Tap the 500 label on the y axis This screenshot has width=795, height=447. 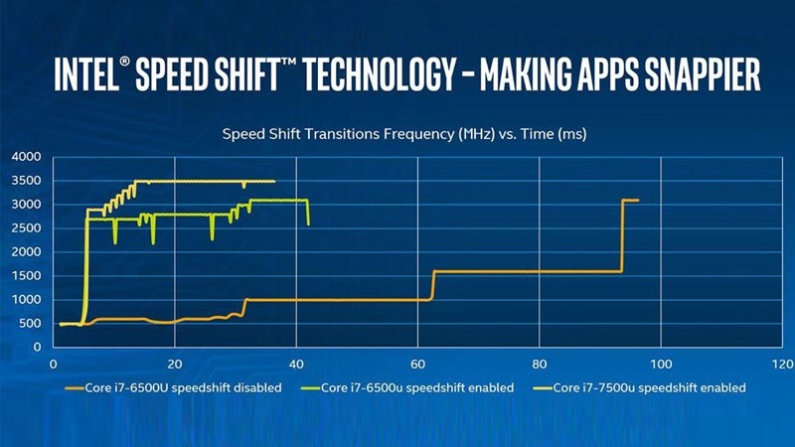pyautogui.click(x=29, y=324)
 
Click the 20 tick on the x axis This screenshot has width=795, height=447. pyautogui.click(x=175, y=363)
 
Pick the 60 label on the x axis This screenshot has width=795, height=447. pyautogui.click(x=417, y=363)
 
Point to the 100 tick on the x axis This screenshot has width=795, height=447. pyautogui.click(x=661, y=363)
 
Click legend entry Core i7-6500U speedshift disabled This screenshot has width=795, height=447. pyautogui.click(x=173, y=387)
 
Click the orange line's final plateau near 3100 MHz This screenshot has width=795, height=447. pyautogui.click(x=630, y=200)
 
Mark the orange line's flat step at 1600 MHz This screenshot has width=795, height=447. pyautogui.click(x=527, y=271)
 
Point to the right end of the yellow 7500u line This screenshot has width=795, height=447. pyautogui.click(x=274, y=181)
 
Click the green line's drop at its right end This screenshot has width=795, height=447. pyautogui.click(x=308, y=213)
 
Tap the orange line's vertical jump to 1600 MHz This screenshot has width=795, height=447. pyautogui.click(x=433, y=285)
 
